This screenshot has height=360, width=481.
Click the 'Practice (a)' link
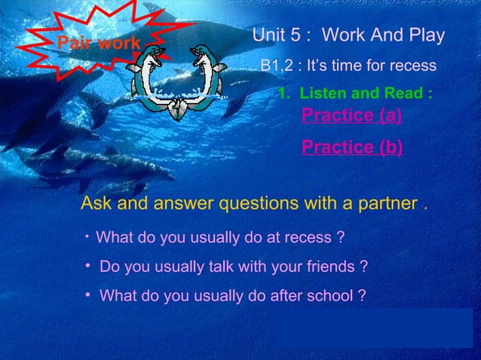click(351, 115)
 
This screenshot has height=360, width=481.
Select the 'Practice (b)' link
click(351, 146)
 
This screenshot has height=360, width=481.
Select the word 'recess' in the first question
click(309, 239)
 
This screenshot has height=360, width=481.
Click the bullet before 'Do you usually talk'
click(88, 267)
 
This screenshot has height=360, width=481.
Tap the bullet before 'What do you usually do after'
click(88, 294)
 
